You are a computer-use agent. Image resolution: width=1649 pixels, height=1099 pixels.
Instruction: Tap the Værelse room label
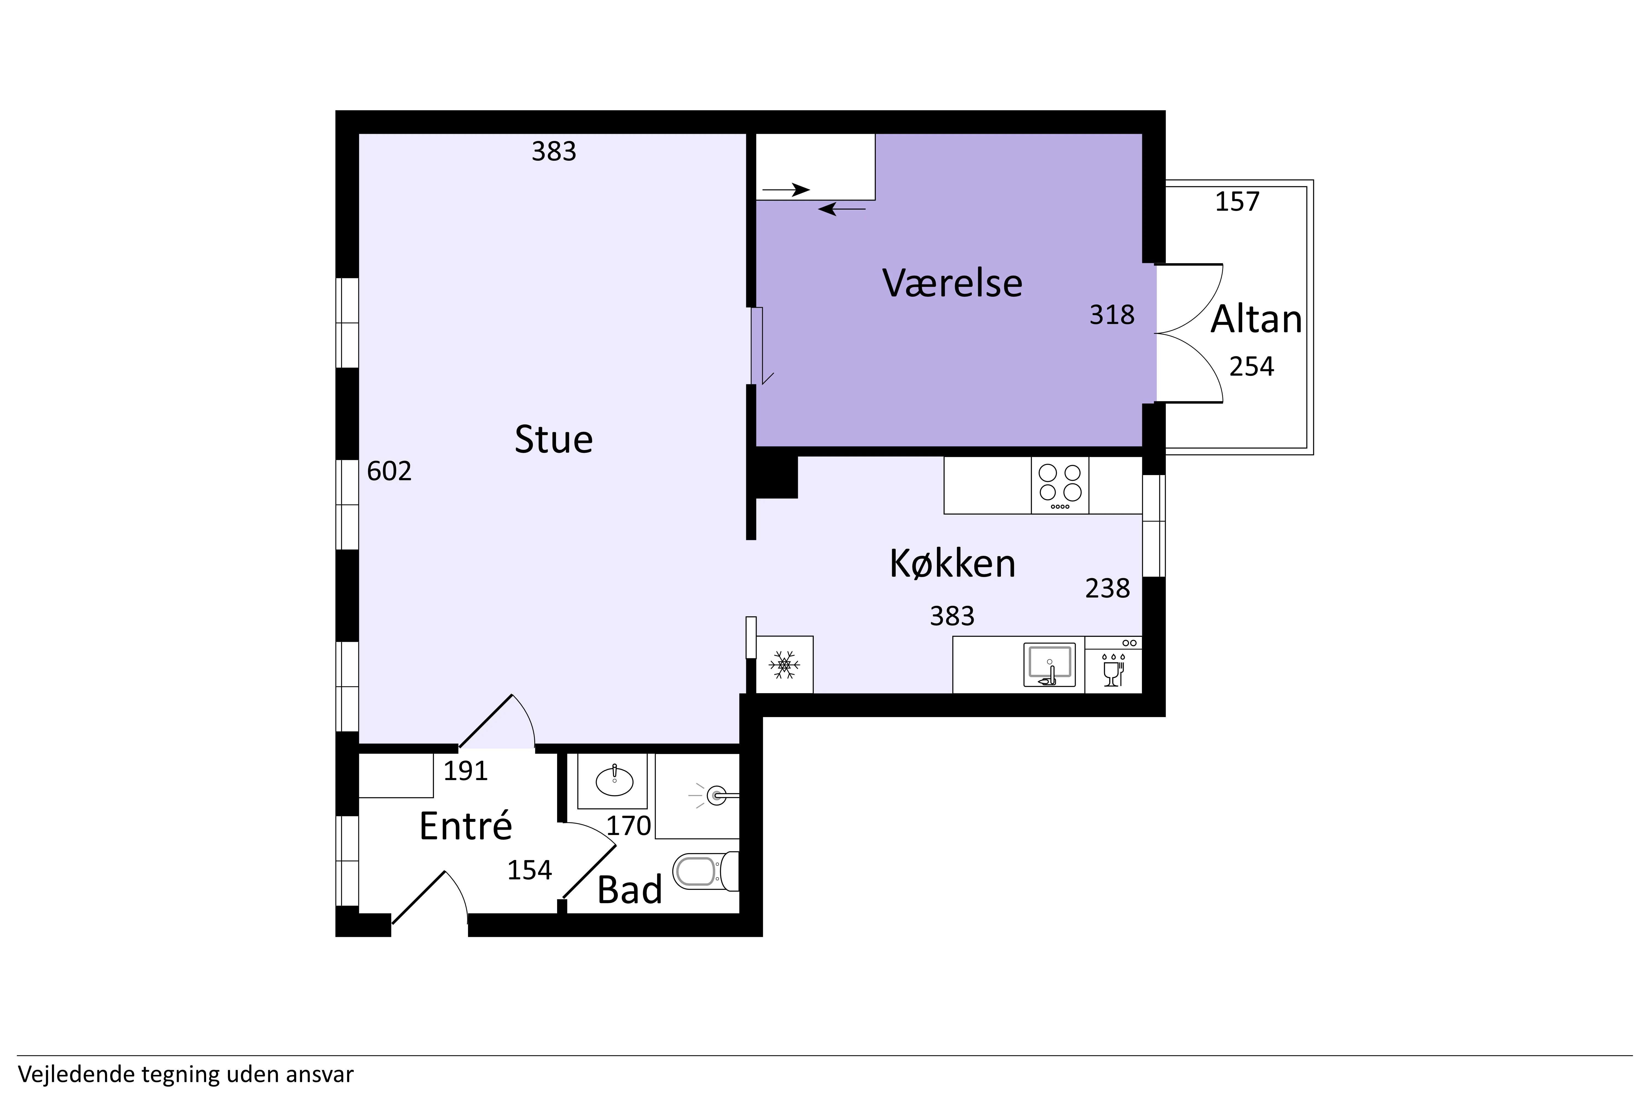(952, 283)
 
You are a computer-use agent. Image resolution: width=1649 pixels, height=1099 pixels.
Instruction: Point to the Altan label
(1256, 320)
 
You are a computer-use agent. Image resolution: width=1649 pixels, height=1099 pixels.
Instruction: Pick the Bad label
(630, 890)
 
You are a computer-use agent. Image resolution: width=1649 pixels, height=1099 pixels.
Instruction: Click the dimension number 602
(389, 471)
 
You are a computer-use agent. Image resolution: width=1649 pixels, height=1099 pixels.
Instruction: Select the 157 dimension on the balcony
(1238, 202)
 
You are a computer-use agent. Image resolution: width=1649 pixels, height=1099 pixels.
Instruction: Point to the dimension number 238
(1108, 588)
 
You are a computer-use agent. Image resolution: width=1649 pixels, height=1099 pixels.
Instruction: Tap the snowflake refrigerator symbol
(785, 664)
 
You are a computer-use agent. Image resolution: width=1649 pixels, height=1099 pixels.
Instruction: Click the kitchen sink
(1050, 664)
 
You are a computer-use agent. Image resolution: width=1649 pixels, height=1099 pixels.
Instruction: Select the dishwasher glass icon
(1113, 671)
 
